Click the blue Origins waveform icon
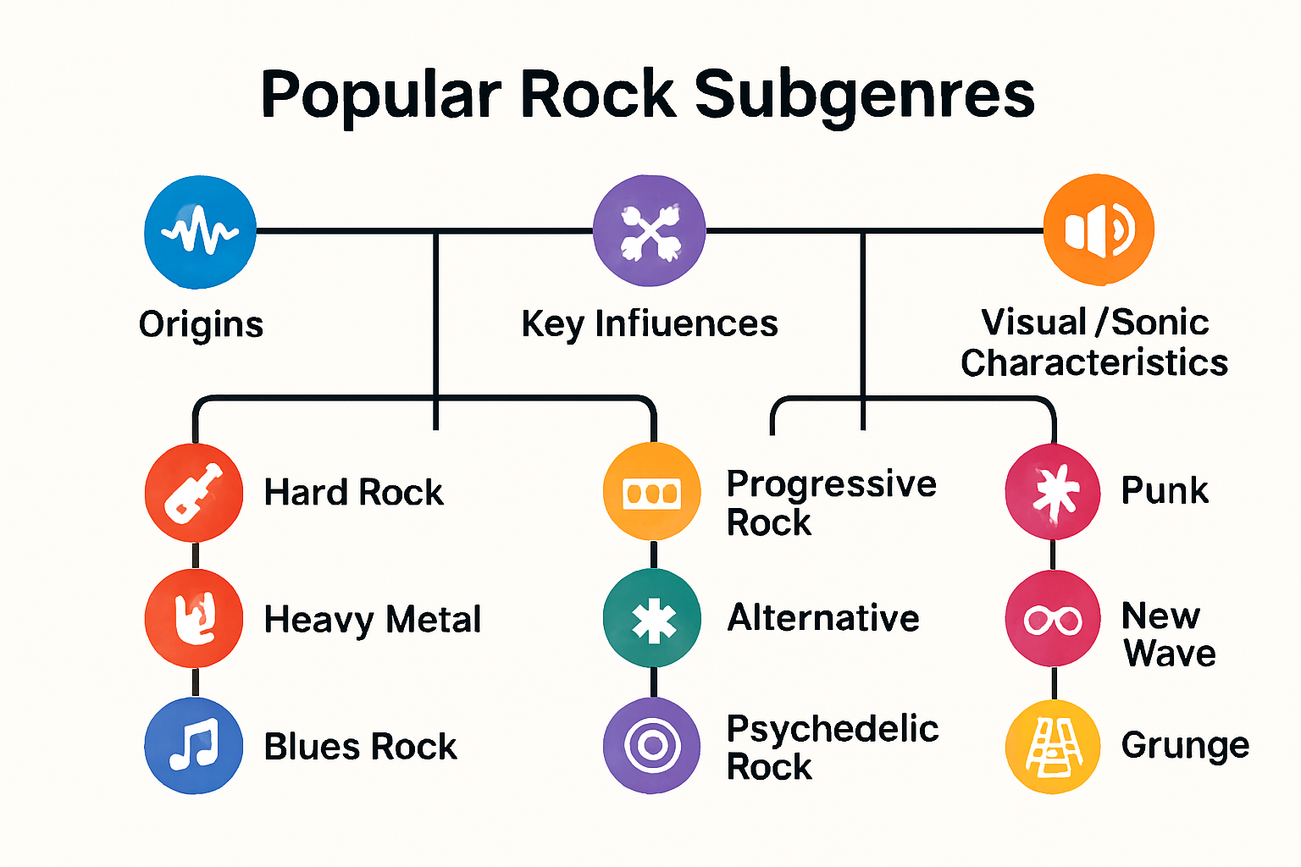[200, 231]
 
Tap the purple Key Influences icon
[649, 231]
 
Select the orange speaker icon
[1099, 229]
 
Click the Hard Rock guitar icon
[194, 492]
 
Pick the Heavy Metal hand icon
[194, 618]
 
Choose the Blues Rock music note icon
[194, 745]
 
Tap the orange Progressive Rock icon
[651, 492]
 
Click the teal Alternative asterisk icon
[652, 619]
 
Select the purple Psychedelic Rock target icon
[651, 745]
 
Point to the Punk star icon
[1053, 492]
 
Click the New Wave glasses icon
[1053, 619]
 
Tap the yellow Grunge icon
[1053, 746]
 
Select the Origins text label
[201, 325]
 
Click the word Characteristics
[1093, 363]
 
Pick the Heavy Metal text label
[373, 620]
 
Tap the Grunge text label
[1185, 746]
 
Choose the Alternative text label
[823, 618]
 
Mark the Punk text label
[1165, 491]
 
